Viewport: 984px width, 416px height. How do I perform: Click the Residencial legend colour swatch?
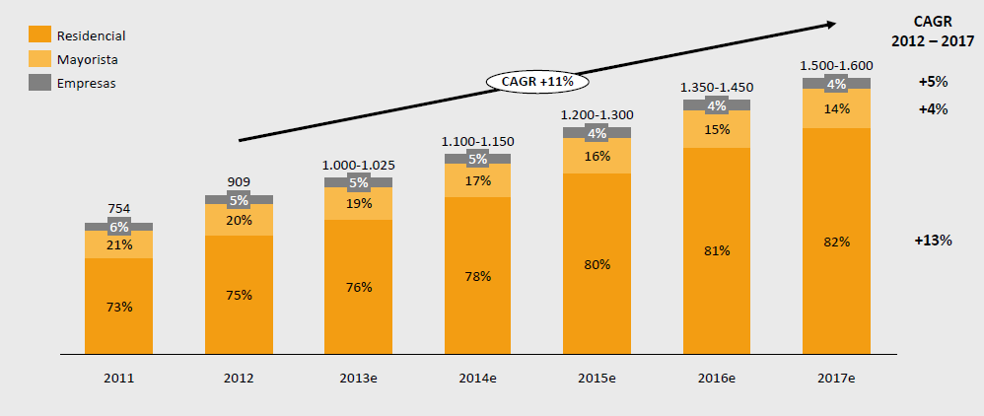[39, 35]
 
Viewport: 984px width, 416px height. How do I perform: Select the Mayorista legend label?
[88, 59]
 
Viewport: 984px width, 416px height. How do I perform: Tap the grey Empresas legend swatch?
[39, 83]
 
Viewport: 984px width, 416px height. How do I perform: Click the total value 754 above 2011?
[118, 209]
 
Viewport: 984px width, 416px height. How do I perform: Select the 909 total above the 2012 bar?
[239, 181]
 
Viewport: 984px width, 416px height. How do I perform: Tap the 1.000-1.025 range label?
[358, 165]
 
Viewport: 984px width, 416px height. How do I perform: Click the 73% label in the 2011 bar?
[118, 307]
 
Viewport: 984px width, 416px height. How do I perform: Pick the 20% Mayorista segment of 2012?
[239, 220]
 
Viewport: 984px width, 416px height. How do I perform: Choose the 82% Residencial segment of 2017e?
[836, 242]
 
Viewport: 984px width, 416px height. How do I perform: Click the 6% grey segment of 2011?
[118, 227]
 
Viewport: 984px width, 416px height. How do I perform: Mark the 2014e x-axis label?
[478, 378]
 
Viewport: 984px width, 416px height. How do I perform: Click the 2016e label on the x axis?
[717, 378]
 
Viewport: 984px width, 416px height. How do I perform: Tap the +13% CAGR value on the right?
[933, 241]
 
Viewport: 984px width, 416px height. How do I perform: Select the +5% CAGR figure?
[932, 82]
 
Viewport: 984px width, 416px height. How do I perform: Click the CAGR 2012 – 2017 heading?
[932, 32]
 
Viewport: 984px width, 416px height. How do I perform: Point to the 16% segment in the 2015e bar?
[597, 156]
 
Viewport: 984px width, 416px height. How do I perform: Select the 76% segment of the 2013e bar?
[358, 287]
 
